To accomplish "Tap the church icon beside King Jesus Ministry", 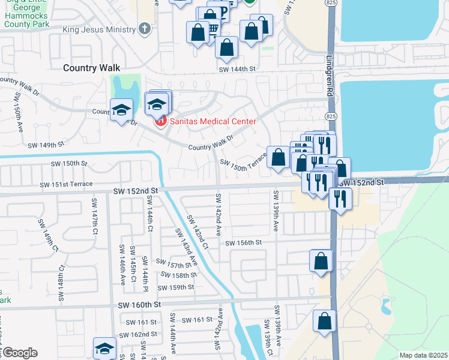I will point(143,28).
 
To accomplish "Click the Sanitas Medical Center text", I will point(212,121).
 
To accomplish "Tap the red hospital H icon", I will point(160,122).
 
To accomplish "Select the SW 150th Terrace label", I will point(243,166).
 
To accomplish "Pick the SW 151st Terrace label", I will point(66,184).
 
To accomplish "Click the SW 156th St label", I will point(244,242).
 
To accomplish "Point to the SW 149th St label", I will point(46,145).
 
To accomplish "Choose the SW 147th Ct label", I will point(94,214).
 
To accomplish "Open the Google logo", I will point(19,353).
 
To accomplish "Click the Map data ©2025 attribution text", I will point(423,355).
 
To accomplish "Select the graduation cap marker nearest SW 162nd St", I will point(104,348).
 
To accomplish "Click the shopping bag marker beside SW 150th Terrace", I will point(278,157).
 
